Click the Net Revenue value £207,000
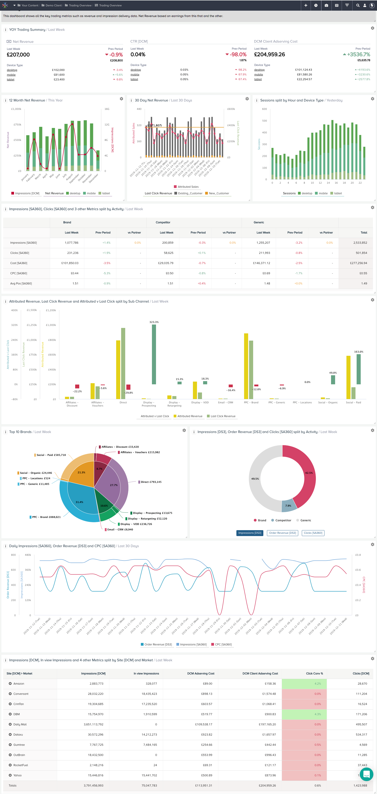18,55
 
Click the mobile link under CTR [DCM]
135,75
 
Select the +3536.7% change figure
358,55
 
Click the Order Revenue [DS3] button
282,533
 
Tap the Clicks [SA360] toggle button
313,533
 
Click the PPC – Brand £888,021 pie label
46,517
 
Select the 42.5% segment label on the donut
309,473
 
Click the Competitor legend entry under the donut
283,520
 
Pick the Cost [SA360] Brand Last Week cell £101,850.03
70,263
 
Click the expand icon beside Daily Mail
10,724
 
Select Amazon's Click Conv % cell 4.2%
317,684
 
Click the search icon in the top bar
358,5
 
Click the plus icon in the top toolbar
305,5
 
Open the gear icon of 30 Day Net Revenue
247,99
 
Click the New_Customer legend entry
219,193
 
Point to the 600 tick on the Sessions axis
264,109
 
